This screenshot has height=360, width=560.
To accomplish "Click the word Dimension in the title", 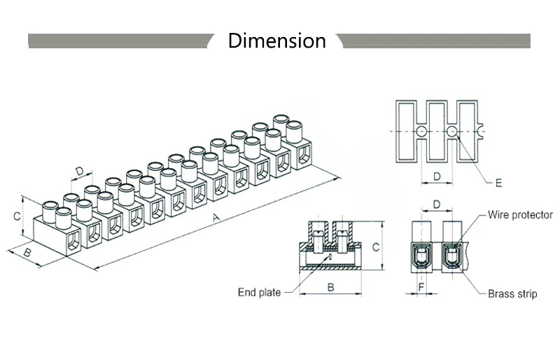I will click(276, 41).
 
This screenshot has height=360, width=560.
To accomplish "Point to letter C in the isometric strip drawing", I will click(16, 217).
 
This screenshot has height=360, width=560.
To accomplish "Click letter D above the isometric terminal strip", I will click(80, 171).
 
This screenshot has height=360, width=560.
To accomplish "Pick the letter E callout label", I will click(498, 184).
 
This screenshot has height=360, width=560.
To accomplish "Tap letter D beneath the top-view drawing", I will click(436, 176).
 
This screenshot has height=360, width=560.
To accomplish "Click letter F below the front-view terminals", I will click(421, 287).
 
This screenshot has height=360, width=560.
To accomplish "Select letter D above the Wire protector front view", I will click(436, 205).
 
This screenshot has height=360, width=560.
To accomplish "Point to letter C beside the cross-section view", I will click(375, 247).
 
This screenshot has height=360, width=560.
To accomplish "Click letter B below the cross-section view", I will click(330, 286).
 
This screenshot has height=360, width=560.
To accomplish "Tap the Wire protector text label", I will click(520, 215).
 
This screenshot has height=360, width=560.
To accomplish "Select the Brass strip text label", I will click(512, 294).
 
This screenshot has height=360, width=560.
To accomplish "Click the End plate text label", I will click(259, 293).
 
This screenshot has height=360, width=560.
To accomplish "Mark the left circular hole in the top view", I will click(421, 132).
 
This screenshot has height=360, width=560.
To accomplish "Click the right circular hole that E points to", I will click(453, 132).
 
